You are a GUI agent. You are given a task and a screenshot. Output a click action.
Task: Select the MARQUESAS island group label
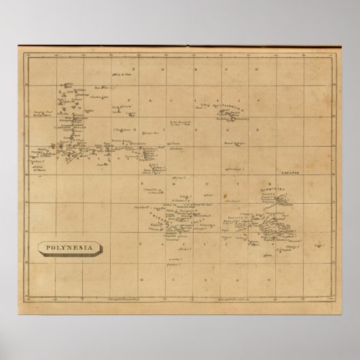(x=273, y=190)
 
